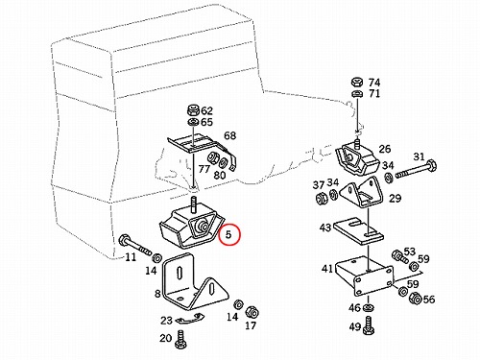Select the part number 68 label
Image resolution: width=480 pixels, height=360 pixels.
point(229,135)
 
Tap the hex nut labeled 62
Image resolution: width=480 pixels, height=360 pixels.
point(193,110)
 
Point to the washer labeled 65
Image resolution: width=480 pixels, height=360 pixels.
point(193,122)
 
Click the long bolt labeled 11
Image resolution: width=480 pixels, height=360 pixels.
point(134,246)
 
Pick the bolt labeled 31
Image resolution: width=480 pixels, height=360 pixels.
point(417,171)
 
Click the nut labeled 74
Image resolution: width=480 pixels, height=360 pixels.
point(356,82)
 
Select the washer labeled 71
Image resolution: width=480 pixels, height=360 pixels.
point(356,94)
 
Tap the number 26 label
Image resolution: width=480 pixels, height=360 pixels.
point(384,149)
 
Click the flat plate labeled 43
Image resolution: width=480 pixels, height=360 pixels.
point(358,231)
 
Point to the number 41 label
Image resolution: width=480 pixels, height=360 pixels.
point(327,269)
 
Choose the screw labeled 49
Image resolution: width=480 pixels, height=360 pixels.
point(369,325)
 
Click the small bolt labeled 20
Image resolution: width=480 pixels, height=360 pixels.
point(181,339)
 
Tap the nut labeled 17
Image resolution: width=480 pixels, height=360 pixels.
point(252,312)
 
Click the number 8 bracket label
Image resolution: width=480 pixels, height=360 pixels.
point(157,293)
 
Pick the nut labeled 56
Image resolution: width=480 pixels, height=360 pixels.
point(416,299)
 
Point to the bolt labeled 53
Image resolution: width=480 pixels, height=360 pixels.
point(399,256)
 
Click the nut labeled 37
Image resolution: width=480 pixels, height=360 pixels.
point(321,199)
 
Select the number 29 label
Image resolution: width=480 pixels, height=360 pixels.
point(395,199)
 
